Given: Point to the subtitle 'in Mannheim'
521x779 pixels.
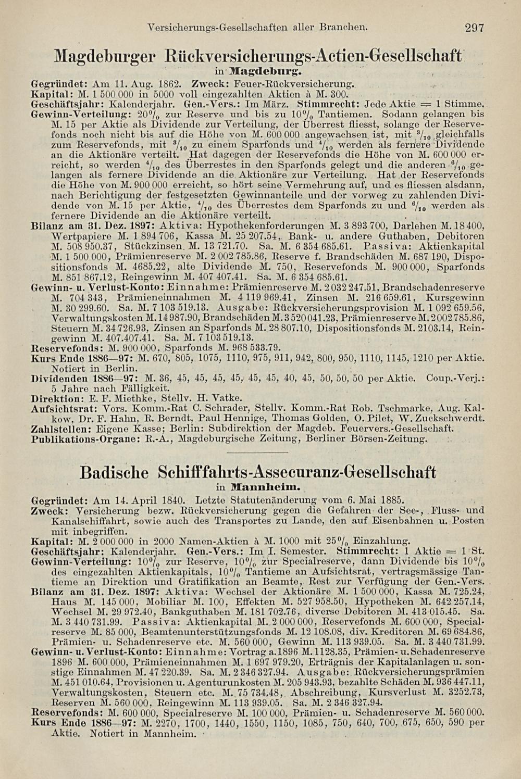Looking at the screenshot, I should (259, 487).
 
